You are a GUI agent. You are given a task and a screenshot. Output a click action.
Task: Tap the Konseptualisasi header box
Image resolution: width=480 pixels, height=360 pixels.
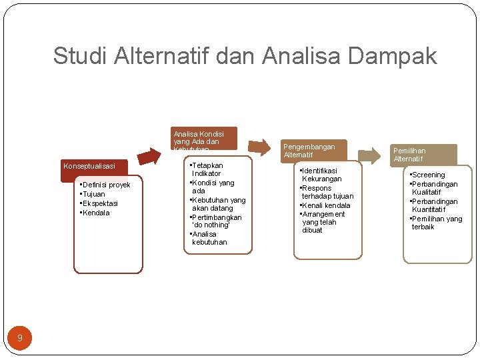(89, 166)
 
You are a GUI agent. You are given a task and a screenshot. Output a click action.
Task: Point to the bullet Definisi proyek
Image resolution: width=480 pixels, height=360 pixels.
(105, 185)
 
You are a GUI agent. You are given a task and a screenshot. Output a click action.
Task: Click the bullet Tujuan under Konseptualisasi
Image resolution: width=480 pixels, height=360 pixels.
(94, 194)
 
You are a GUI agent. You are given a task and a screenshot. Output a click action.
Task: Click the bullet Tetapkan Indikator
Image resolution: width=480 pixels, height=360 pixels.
(207, 169)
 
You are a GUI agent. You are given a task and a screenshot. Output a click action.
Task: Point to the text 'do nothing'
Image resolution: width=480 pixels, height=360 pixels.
(211, 225)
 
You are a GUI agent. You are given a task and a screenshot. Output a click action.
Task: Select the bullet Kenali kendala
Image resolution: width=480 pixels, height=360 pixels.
(326, 205)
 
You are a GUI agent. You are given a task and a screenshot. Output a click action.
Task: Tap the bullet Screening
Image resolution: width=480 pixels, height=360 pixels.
(428, 175)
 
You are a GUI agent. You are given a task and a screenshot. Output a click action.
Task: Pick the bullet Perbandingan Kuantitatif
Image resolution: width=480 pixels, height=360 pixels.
(435, 205)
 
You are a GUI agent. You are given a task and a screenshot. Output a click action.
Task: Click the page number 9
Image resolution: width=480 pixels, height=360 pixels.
(20, 338)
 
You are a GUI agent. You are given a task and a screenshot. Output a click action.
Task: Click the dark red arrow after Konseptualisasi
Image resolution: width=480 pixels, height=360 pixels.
(151, 155)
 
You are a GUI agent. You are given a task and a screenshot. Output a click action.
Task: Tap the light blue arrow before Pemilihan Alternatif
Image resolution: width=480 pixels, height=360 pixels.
(367, 156)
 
